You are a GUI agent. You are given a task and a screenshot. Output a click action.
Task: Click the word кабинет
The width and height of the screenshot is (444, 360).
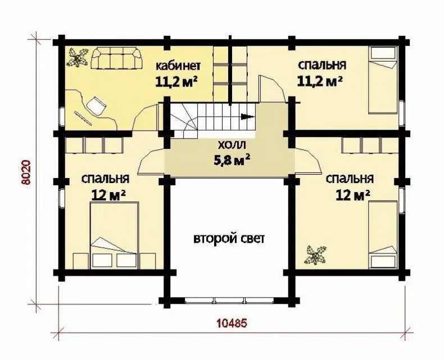point(178,66)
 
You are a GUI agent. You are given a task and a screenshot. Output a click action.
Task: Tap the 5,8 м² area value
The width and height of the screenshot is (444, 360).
point(232,160)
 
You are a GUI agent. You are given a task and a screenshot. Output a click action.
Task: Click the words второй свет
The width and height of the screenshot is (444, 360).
point(229,239)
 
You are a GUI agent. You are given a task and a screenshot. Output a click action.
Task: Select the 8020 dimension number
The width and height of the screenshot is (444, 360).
point(26,172)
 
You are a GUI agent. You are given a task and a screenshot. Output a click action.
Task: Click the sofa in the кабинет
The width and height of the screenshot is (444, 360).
point(116,58)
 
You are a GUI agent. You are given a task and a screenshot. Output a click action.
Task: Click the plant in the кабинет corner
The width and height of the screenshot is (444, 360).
point(76,57)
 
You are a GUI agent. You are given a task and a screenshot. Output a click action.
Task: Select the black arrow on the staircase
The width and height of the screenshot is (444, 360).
point(247,116)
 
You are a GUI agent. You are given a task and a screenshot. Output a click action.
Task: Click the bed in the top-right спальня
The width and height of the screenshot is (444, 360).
point(383,80)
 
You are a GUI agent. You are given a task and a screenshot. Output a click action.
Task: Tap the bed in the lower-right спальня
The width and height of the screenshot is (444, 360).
point(383,235)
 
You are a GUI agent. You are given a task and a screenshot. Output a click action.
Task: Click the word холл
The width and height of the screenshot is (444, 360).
point(232,146)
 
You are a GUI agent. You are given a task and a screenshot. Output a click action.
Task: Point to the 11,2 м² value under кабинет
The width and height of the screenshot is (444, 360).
point(176,82)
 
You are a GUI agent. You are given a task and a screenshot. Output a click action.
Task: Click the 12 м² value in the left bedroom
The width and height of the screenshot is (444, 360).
point(108,195)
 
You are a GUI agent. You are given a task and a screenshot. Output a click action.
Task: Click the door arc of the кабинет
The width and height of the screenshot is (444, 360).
point(145,117)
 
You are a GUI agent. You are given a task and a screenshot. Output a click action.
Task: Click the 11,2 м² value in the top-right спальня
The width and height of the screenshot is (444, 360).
point(320,82)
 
